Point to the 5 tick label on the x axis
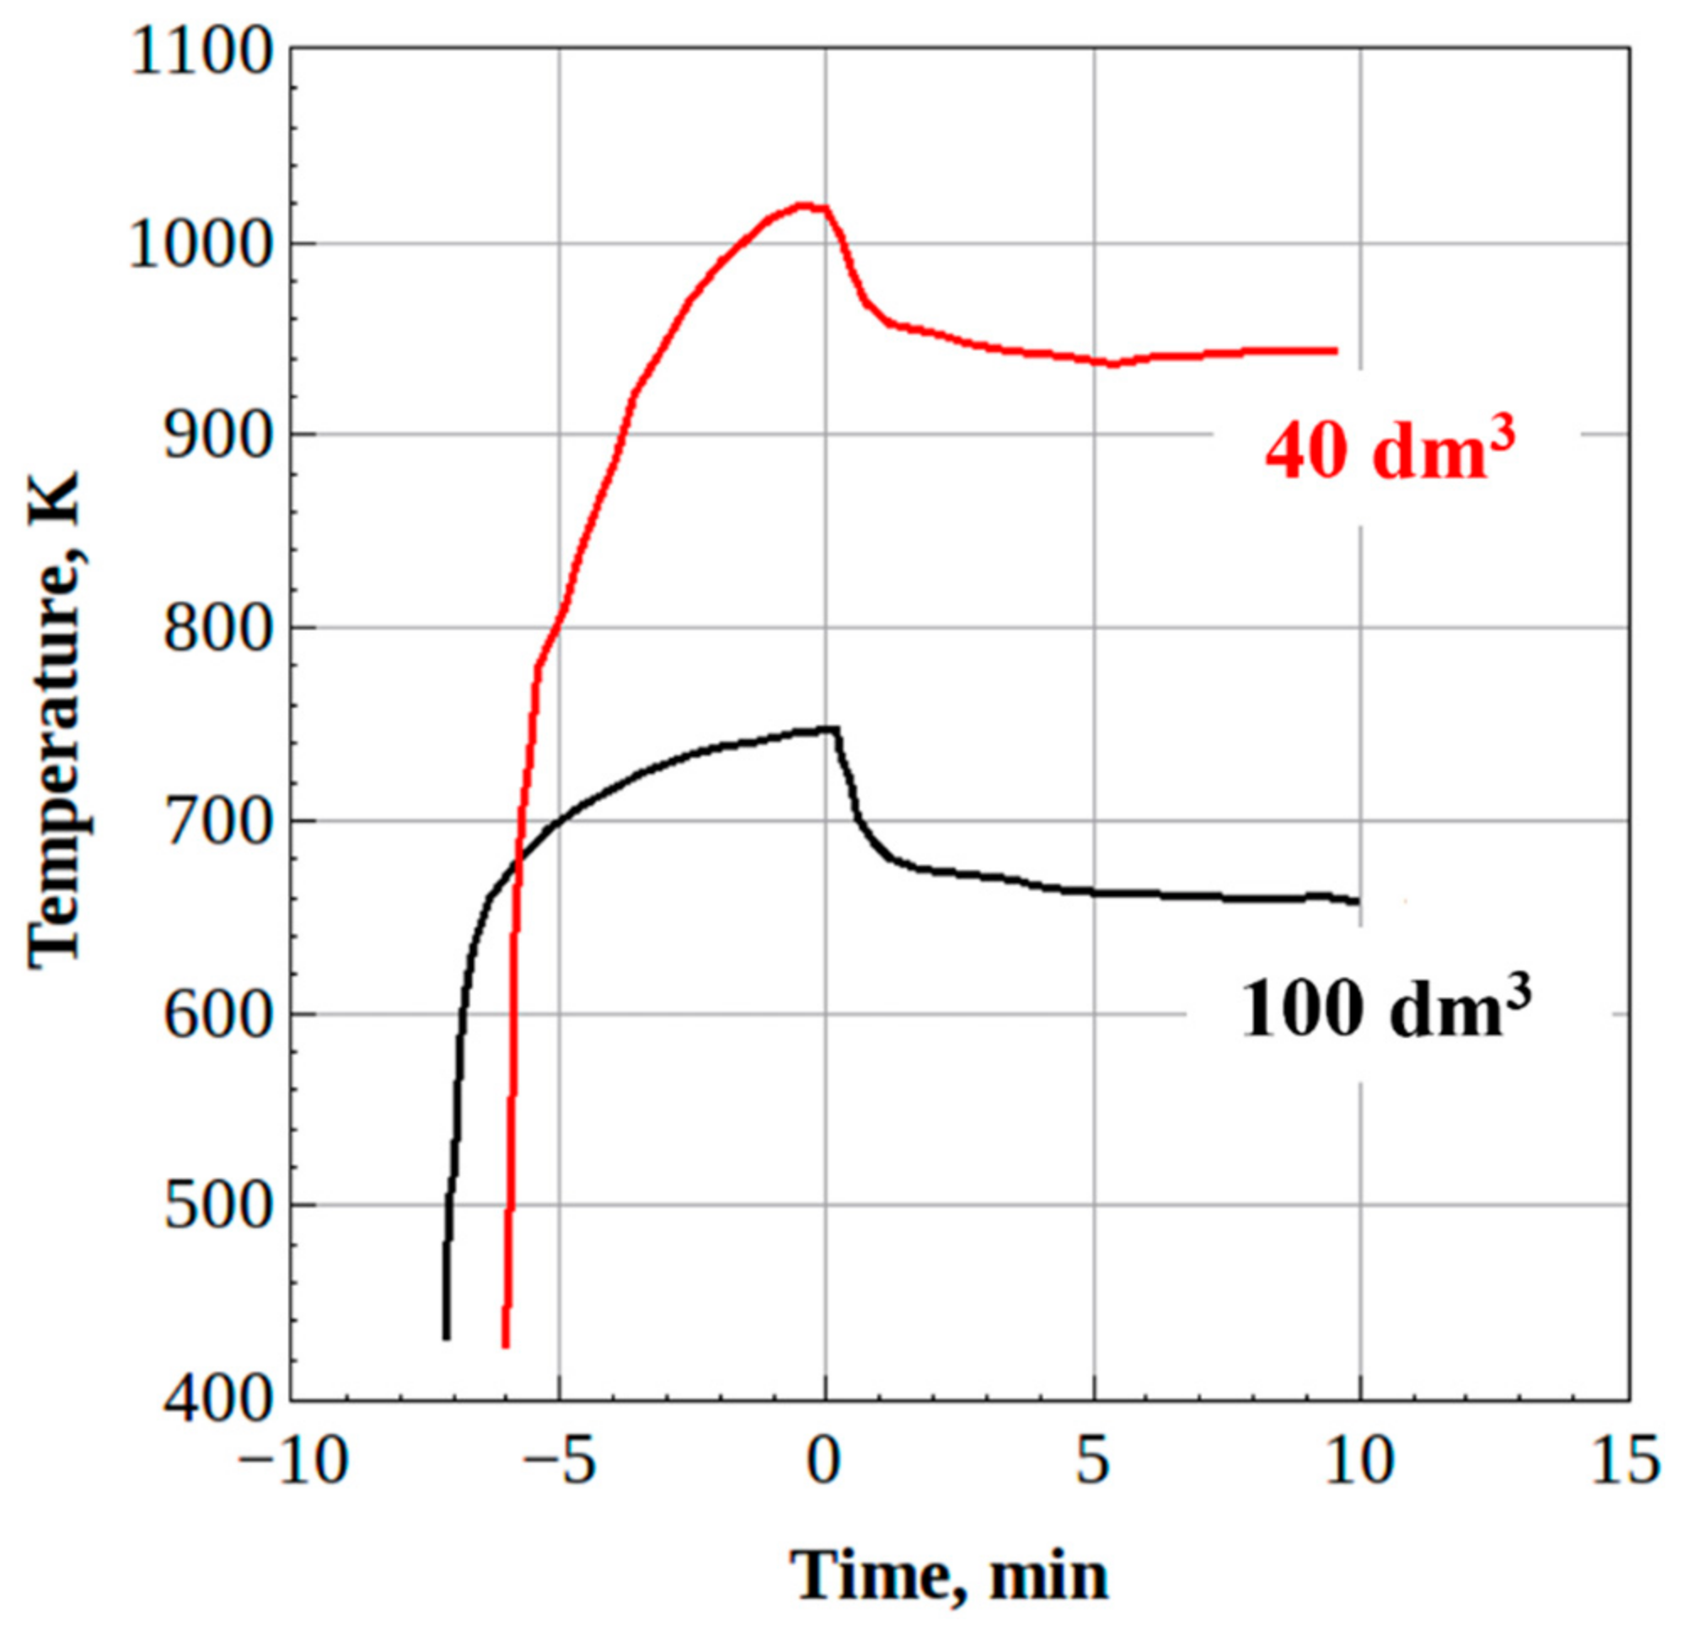click(1093, 1460)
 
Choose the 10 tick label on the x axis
click(1359, 1460)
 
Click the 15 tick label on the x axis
click(1626, 1460)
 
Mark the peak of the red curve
click(804, 205)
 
